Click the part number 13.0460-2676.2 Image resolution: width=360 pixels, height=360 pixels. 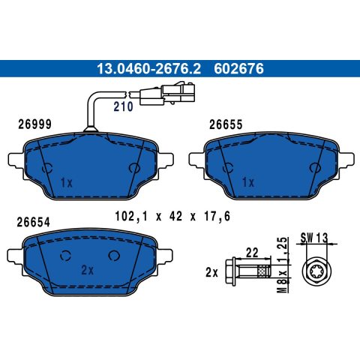pos(148,69)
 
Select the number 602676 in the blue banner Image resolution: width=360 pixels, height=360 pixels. pos(238,69)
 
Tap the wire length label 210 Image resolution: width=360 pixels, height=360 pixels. pos(123,106)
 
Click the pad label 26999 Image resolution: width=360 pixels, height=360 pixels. pos(34,124)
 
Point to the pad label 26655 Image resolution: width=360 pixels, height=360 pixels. pos(226,124)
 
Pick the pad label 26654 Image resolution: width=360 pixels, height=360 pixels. pos(34,222)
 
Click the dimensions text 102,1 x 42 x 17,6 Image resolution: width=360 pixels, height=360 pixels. pos(172,216)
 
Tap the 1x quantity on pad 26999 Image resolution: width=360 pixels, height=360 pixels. pos(67,183)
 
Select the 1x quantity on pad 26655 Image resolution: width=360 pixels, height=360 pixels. pos(248,182)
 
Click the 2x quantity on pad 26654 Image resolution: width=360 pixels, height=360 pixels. pos(88,270)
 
